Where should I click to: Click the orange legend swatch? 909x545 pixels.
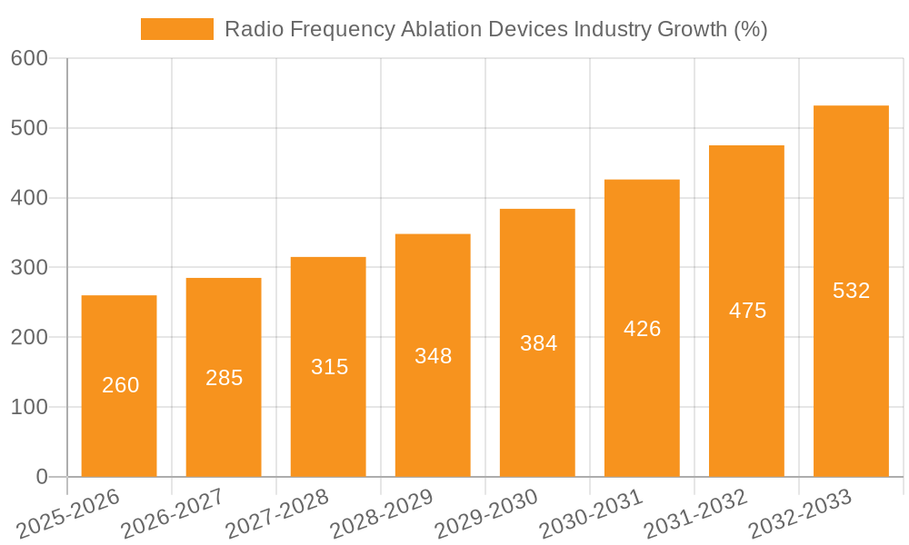click(176, 29)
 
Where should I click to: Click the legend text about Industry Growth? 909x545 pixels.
click(495, 29)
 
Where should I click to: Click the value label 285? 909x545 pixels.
click(224, 378)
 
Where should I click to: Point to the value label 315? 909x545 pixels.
click(329, 367)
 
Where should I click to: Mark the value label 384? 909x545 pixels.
click(538, 343)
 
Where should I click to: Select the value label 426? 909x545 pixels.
click(642, 329)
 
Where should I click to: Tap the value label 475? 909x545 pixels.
click(747, 311)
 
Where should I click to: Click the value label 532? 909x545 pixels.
click(851, 291)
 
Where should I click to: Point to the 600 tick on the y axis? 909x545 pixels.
click(29, 58)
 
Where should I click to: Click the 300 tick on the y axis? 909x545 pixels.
click(29, 268)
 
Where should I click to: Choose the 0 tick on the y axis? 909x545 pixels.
click(41, 477)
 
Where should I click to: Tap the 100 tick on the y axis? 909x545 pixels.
click(29, 407)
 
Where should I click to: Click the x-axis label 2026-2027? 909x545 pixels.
click(173, 514)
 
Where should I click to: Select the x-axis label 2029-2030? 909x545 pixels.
click(486, 514)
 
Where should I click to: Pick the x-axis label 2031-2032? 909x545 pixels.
click(695, 514)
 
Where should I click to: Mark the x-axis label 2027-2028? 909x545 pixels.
click(277, 514)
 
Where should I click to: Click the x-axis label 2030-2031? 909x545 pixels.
click(591, 514)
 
